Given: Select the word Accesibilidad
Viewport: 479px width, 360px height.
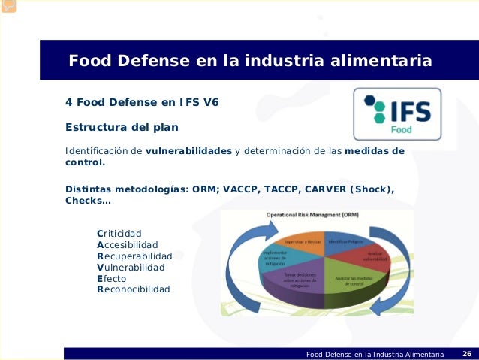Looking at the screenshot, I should pos(128,244).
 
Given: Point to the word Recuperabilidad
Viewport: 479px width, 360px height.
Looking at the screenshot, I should pos(134,256).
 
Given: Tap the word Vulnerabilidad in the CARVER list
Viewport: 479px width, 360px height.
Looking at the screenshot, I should pos(131,267).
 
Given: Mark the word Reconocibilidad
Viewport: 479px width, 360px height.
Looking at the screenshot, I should pos(134,289).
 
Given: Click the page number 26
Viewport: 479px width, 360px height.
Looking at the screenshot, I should pos(466,354).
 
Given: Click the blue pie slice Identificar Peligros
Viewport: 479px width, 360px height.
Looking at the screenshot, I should pos(344,243).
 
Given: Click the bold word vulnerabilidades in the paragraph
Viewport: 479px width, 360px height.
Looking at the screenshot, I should pos(188,150).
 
